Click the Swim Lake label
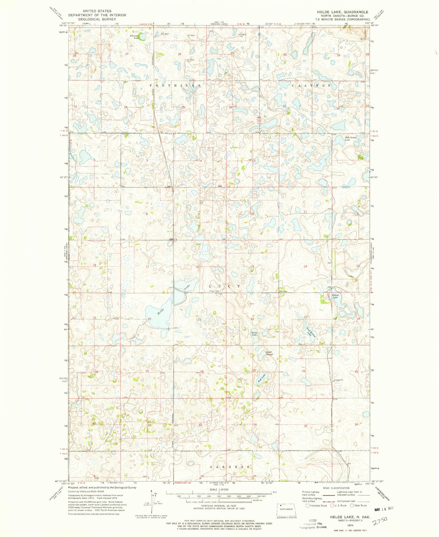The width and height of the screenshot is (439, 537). pos(254,333)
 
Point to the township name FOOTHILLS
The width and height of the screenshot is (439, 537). pos(175,86)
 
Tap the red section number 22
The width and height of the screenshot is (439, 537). pos(252,319)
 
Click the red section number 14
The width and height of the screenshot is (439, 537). pos(305,266)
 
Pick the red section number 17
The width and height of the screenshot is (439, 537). pos(148,267)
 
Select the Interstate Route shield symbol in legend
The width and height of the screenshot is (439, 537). pos(308,506)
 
